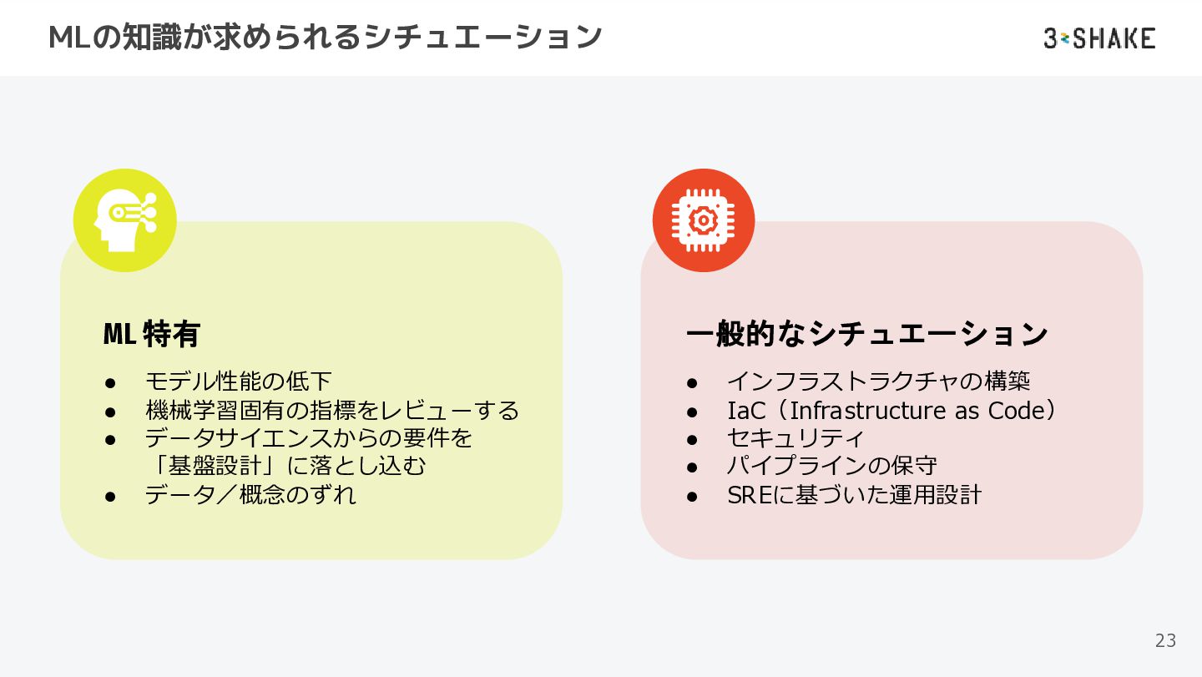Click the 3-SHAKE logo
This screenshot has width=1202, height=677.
pos(1099,38)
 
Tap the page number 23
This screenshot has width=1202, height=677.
pos(1165,640)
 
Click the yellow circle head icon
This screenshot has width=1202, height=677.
pos(125,220)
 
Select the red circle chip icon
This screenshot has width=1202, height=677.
pos(704,220)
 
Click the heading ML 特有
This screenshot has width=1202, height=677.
pos(152,334)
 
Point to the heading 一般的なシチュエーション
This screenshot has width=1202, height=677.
pos(867,334)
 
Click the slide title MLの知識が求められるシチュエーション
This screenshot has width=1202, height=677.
pos(326,38)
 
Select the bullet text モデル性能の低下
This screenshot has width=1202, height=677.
pos(239,381)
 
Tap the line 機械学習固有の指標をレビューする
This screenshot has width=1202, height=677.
pos(332,410)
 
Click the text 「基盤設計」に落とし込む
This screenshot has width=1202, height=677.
pos(285,466)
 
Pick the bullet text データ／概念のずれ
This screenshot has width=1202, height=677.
pos(250,494)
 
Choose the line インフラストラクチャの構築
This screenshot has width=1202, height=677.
pos(878,381)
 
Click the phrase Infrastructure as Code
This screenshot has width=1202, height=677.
pos(917,410)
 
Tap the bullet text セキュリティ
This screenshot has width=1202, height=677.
pos(795,437)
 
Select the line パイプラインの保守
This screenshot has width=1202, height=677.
pos(831,466)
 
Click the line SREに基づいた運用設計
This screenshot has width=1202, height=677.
pos(854,494)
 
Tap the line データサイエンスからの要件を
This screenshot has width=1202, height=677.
pos(309,437)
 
